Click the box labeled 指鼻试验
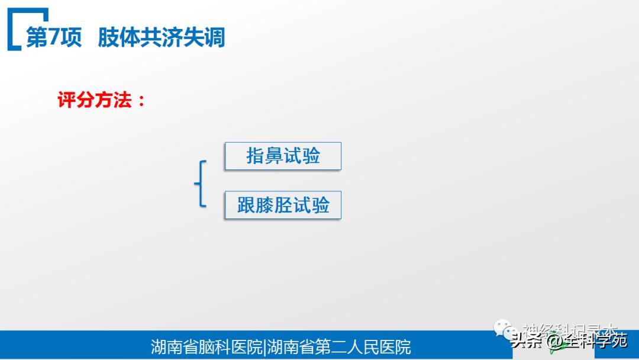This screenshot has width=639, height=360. click(283, 156)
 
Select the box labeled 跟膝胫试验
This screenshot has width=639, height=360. click(283, 205)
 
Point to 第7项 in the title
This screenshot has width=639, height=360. click(54, 38)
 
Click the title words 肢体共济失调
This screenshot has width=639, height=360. click(162, 38)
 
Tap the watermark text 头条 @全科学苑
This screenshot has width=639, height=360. click(569, 341)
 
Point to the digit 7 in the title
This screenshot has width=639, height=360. click(54, 38)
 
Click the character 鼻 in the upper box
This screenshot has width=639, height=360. click(274, 156)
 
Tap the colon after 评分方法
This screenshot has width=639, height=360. click(141, 101)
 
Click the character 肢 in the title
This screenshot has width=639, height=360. click(109, 38)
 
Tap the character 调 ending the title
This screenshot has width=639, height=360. click(214, 38)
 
